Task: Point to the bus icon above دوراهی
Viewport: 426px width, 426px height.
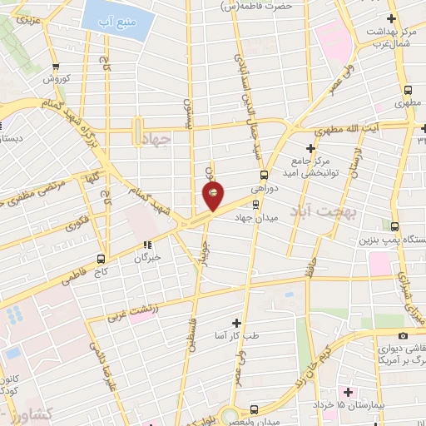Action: [264, 175]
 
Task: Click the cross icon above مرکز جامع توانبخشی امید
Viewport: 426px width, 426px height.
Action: [310, 146]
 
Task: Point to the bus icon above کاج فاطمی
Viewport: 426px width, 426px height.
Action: [101, 258]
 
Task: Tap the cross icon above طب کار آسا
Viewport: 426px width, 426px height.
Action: [236, 322]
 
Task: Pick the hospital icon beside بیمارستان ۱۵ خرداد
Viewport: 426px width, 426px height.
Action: [348, 392]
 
